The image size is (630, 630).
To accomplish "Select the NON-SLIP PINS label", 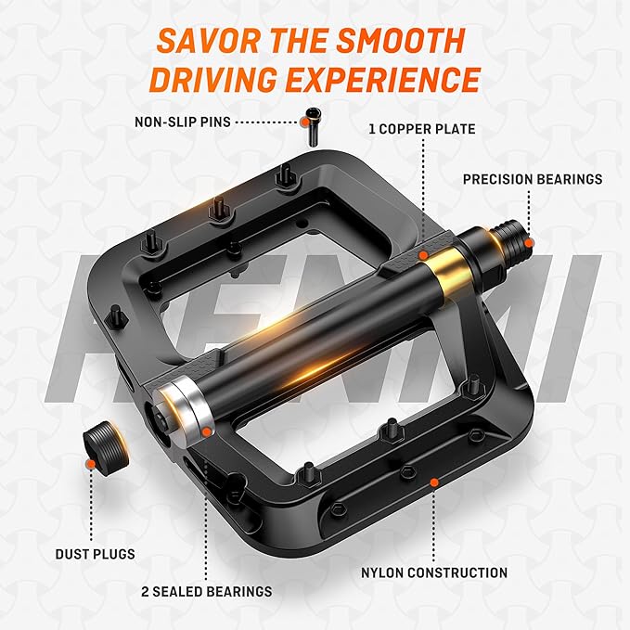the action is pos(183,122).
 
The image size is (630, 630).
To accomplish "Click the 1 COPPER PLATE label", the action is pos(422,129).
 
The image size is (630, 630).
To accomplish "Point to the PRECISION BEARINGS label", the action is pos(533,179).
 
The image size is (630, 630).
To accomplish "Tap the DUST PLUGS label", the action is pos(96,554).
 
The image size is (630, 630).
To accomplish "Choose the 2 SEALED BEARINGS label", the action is pos(207,592).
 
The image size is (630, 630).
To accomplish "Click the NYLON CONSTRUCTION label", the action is pos(434,573).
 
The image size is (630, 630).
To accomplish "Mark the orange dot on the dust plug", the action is pos(91,465).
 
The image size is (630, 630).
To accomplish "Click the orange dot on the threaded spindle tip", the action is pos(529,243).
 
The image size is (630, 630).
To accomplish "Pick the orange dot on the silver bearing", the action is pos(207,432).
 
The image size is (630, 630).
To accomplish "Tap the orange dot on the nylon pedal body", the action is pos(434,482).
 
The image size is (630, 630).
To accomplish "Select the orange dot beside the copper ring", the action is pos(423,255).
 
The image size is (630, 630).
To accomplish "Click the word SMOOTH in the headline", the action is pos(401,41).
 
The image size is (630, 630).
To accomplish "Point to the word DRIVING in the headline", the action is pos(213,80).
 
